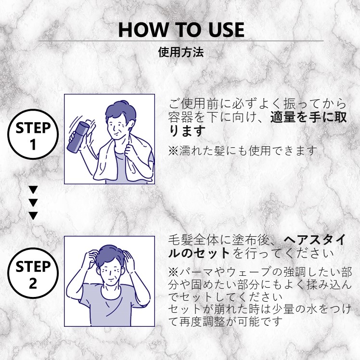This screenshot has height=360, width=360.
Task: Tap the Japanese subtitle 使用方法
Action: (181, 52)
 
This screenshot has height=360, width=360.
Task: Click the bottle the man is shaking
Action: (78, 137)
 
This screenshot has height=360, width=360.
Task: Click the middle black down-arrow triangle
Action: (33, 203)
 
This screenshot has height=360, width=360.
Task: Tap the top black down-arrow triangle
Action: (33, 190)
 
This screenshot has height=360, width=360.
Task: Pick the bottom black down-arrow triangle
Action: (33, 216)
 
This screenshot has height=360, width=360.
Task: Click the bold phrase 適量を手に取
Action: (309, 117)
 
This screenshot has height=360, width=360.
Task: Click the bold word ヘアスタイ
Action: (315, 241)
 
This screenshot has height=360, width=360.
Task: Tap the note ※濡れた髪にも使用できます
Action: (243, 151)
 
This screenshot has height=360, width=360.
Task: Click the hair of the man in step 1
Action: (120, 112)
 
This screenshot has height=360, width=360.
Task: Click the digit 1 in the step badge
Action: (33, 145)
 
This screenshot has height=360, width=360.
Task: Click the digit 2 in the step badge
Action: (33, 283)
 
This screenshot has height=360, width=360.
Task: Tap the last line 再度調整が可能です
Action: (231, 321)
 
